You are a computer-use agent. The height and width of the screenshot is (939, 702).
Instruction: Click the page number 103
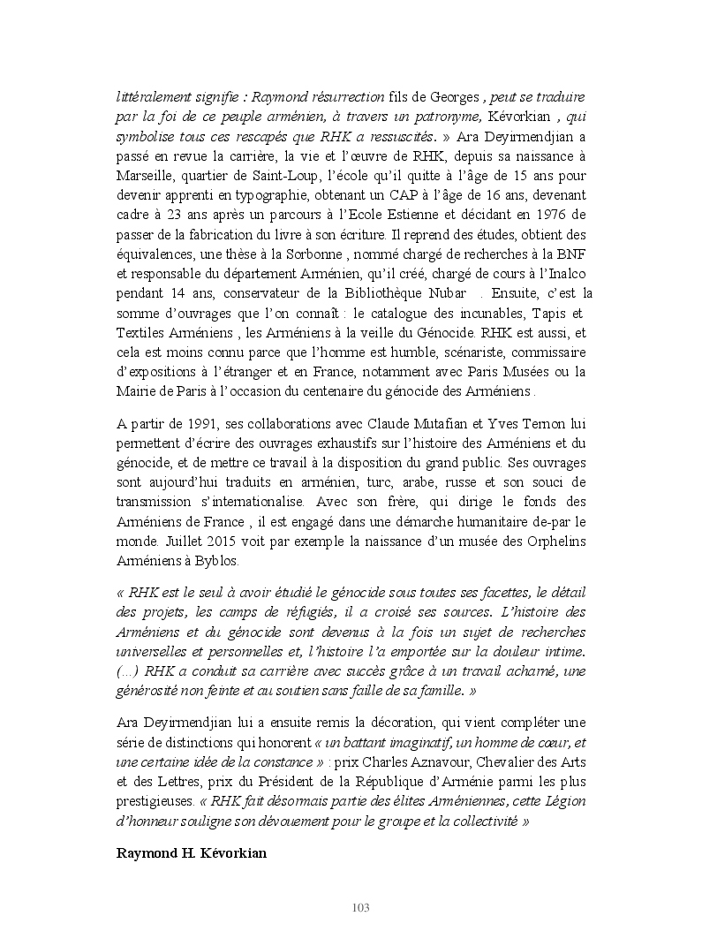click(359, 907)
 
